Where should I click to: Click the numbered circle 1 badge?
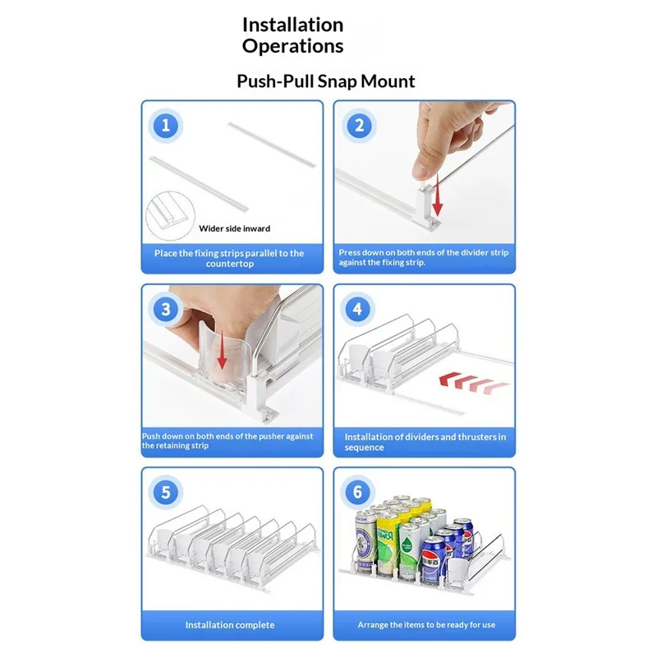[166, 126]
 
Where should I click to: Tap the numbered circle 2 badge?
[359, 126]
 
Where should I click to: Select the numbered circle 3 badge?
[166, 310]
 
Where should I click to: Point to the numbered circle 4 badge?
[357, 310]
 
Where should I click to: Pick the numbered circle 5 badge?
[166, 492]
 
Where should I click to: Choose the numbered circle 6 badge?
[357, 492]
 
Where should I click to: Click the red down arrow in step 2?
[438, 195]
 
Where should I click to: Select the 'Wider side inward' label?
[234, 229]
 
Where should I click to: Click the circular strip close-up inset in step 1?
[170, 216]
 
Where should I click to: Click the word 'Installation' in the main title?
[293, 25]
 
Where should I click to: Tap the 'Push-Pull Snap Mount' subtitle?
[326, 81]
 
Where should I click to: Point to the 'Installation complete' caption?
[230, 625]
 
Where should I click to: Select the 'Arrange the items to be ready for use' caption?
[426, 625]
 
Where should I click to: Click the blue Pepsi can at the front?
[434, 560]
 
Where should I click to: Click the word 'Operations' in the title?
[293, 46]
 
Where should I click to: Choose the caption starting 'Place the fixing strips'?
[229, 258]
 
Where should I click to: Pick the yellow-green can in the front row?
[388, 544]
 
